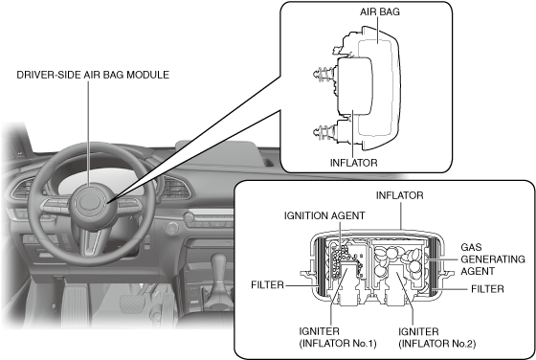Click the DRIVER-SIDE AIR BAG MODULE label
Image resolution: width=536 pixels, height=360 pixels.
pyautogui.click(x=93, y=75)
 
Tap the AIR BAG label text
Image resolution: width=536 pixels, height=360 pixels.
pyautogui.click(x=379, y=11)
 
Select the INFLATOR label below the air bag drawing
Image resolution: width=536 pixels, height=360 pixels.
pyautogui.click(x=354, y=163)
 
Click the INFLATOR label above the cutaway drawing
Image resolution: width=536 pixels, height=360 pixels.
pyautogui.click(x=400, y=195)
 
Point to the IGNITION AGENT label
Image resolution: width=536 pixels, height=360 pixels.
pyautogui.click(x=324, y=215)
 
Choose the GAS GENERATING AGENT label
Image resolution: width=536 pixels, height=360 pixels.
pyautogui.click(x=493, y=259)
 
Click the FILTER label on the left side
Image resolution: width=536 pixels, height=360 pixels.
pyautogui.click(x=267, y=284)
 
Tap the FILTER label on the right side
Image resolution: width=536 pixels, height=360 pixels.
pyautogui.click(x=487, y=289)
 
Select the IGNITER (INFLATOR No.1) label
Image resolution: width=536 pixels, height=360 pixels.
pyautogui.click(x=338, y=337)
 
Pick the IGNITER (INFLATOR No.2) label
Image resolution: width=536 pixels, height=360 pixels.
pyautogui.click(x=436, y=337)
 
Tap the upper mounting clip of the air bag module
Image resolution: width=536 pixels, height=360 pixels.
pyautogui.click(x=324, y=74)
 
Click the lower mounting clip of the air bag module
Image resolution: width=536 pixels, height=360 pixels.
pyautogui.click(x=324, y=131)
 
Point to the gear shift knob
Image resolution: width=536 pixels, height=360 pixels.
pyautogui.click(x=218, y=264)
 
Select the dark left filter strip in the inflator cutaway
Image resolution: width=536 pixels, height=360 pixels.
pyautogui.click(x=322, y=266)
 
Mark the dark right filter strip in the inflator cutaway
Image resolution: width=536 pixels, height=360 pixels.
pyautogui.click(x=434, y=266)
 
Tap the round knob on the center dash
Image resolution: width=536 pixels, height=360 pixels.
pyautogui.click(x=171, y=228)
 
